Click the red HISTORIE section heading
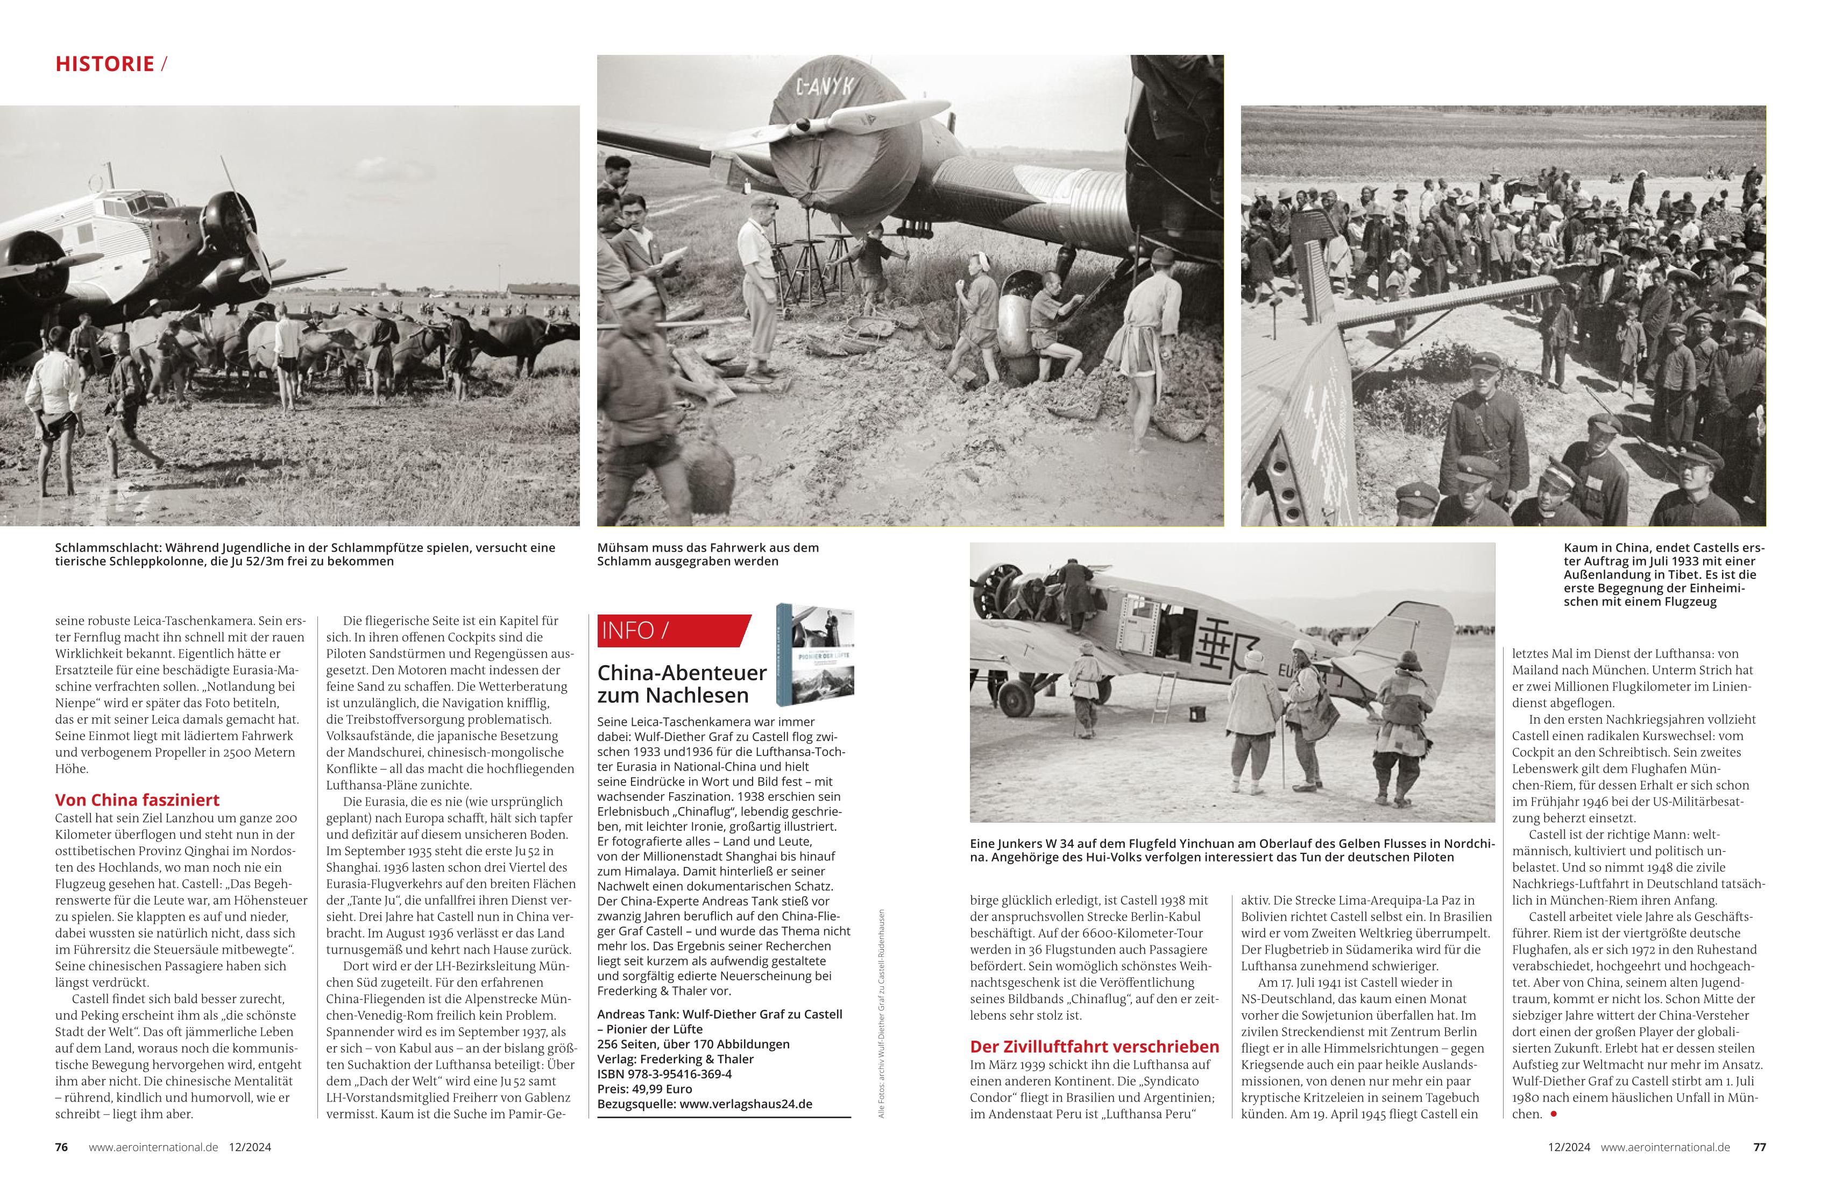105,63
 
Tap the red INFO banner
669,631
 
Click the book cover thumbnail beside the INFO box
815,654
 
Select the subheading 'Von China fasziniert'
137,800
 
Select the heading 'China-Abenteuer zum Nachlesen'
682,683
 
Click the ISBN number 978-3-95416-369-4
681,1074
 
